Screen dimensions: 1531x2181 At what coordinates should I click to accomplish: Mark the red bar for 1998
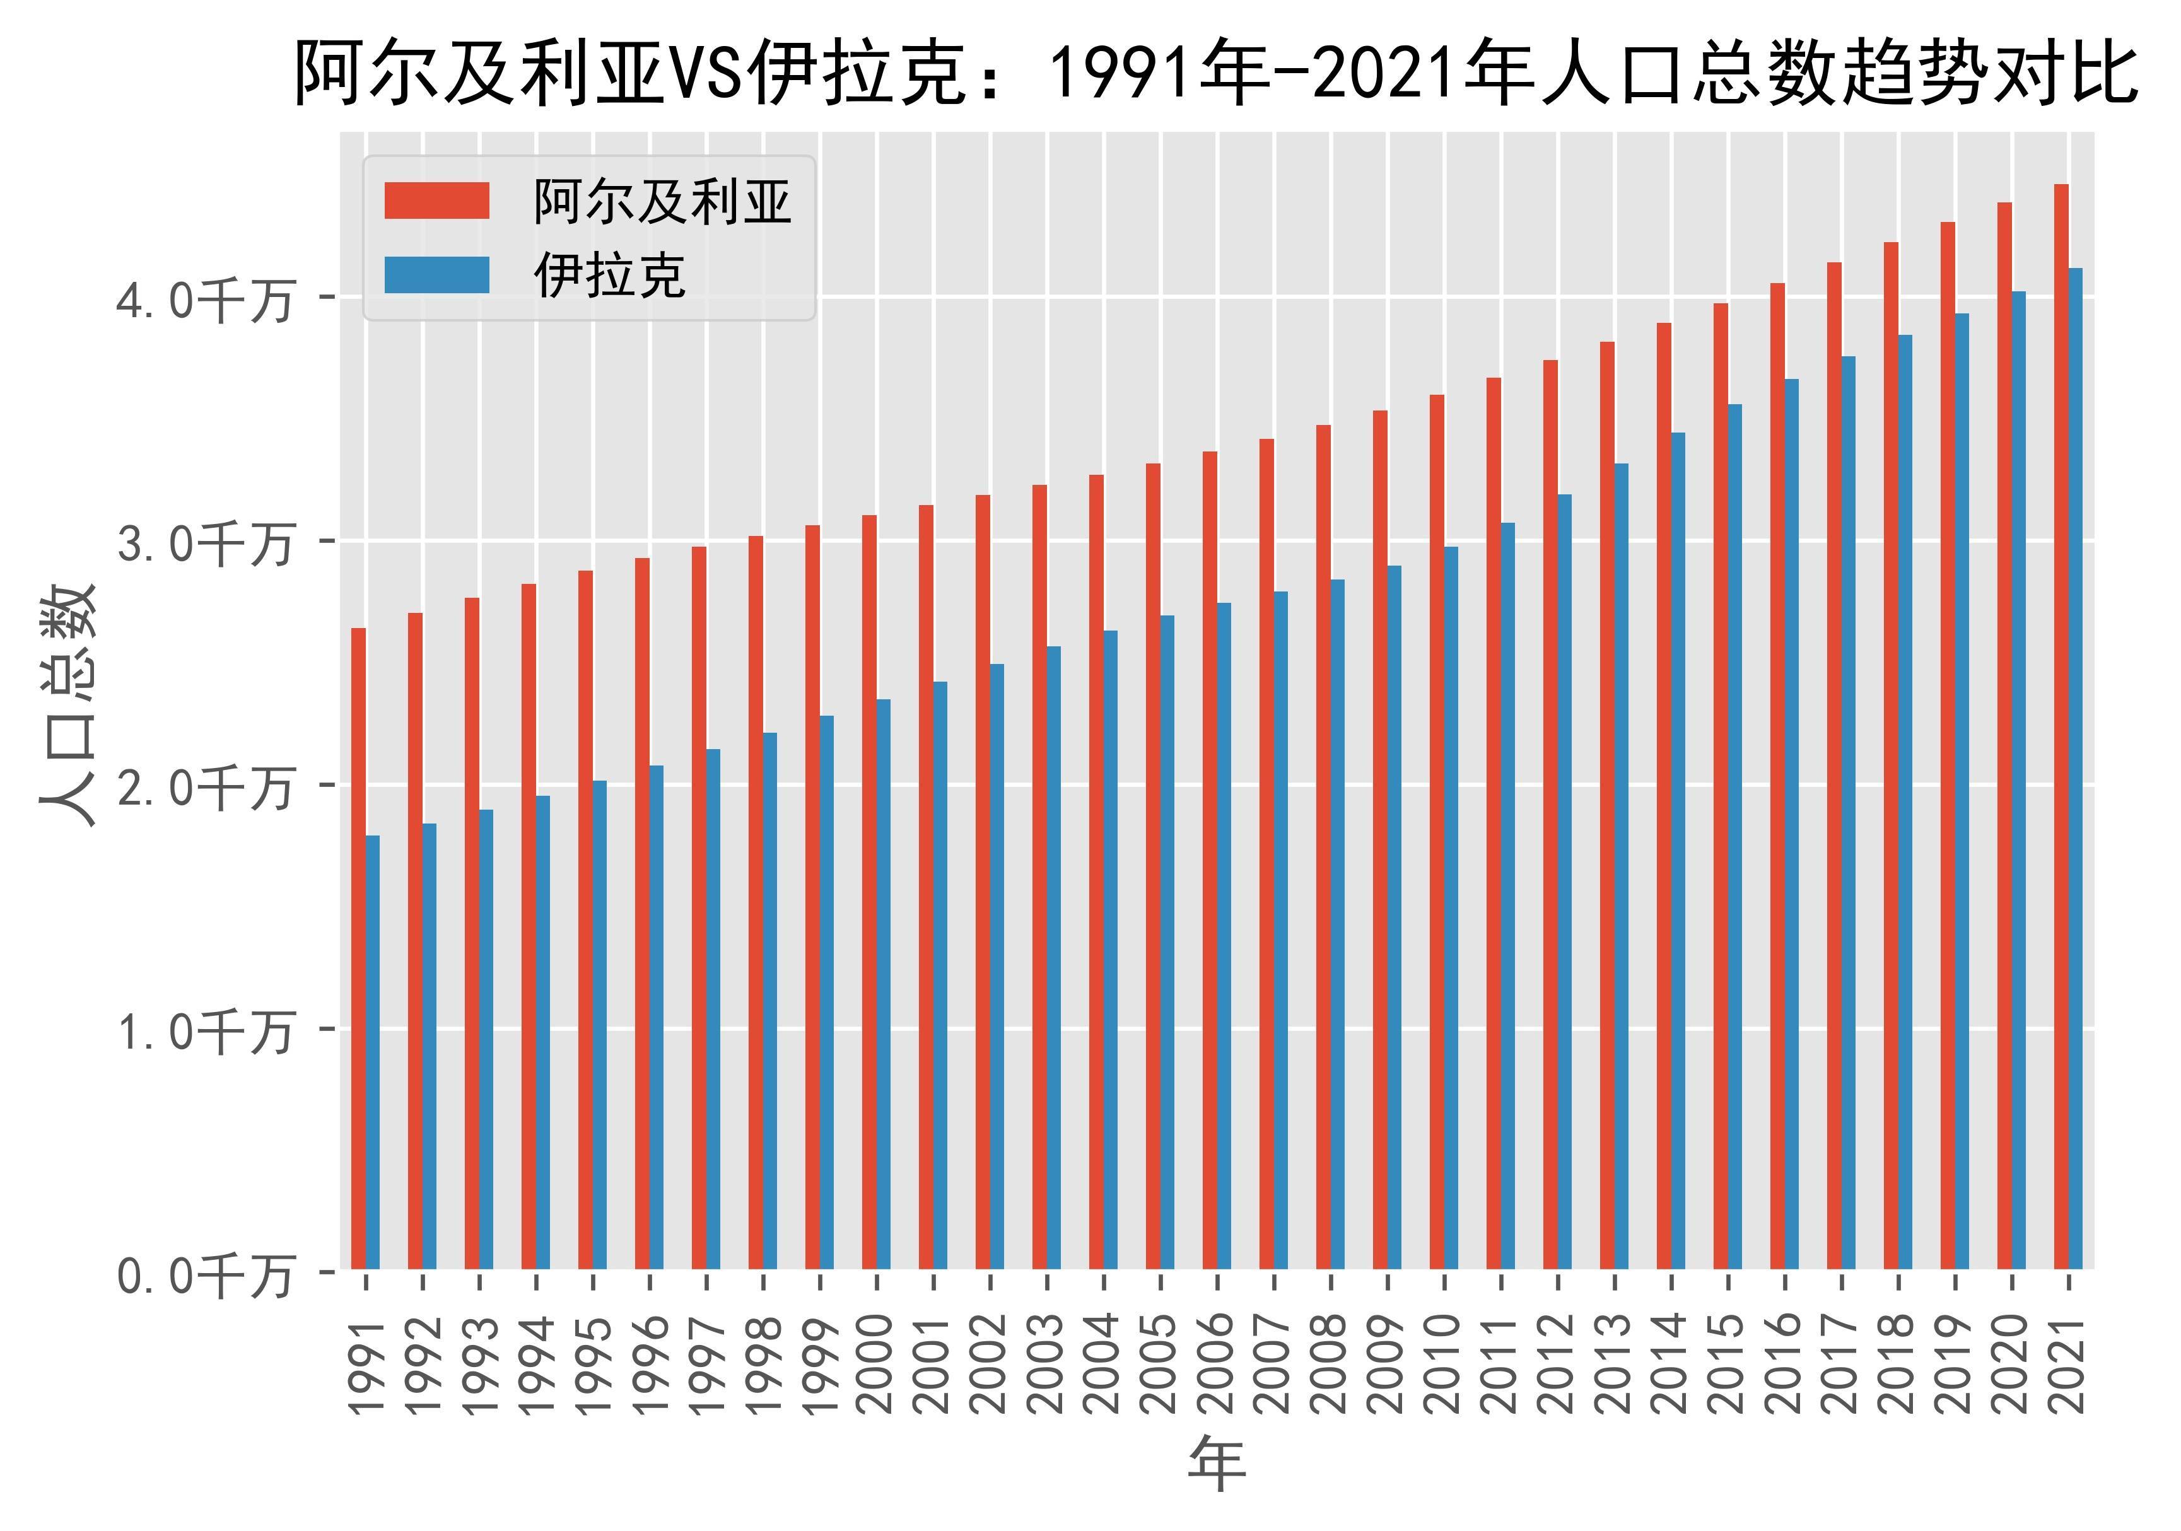[755, 902]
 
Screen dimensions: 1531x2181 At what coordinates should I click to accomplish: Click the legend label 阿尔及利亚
[662, 202]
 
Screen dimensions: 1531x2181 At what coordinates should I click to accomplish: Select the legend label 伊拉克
[610, 276]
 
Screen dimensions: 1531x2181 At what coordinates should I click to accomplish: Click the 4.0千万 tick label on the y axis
[204, 301]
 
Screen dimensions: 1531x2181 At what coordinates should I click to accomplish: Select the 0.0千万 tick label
[204, 1276]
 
